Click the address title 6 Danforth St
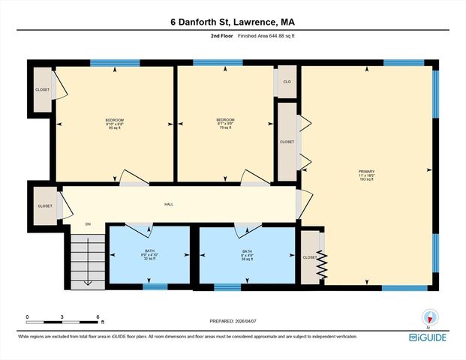[233, 22]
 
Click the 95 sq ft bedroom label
[114, 124]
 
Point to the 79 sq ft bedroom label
[225, 124]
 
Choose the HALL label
[170, 204]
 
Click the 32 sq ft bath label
[149, 254]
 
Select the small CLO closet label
[287, 82]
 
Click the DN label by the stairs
[88, 223]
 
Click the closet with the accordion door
[312, 256]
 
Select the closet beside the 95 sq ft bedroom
[42, 90]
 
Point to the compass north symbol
[429, 316]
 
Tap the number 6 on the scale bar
[98, 317]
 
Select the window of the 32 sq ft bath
[155, 286]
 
